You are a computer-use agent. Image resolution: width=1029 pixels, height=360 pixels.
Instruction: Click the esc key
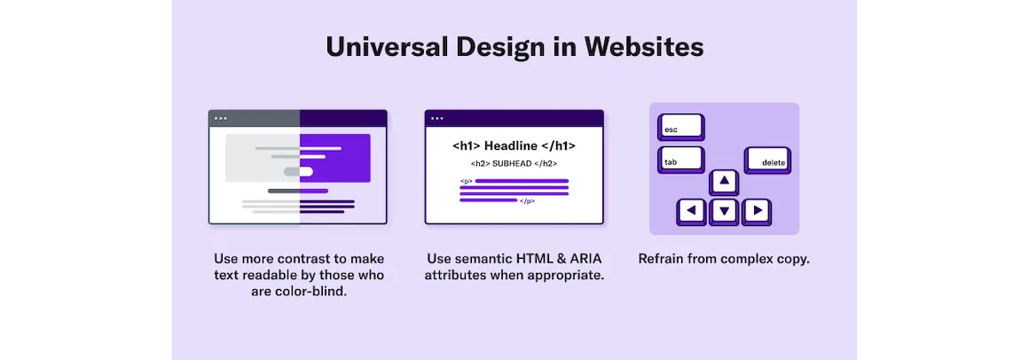[x=680, y=127]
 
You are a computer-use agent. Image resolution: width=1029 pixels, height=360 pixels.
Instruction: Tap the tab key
[x=680, y=160]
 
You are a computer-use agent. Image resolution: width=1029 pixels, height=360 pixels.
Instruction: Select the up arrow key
[x=724, y=182]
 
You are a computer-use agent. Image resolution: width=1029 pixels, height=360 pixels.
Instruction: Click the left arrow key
[x=692, y=212]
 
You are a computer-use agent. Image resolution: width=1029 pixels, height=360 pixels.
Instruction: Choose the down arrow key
[x=724, y=212]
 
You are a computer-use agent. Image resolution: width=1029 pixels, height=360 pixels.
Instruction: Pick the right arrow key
[x=757, y=212]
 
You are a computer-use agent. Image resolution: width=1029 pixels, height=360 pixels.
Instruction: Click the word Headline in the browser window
[x=511, y=146]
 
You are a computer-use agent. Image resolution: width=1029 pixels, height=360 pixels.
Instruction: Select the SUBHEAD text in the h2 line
[x=513, y=164]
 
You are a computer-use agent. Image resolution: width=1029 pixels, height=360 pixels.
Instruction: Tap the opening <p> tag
[x=466, y=181]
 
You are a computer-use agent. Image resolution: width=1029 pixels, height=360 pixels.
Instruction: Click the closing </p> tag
[x=527, y=201]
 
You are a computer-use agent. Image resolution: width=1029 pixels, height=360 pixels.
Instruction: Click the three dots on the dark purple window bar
[x=436, y=119]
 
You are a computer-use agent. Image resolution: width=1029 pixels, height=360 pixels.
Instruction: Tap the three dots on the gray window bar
[x=221, y=119]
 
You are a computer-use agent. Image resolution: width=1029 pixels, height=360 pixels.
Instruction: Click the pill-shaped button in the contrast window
[x=299, y=171]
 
